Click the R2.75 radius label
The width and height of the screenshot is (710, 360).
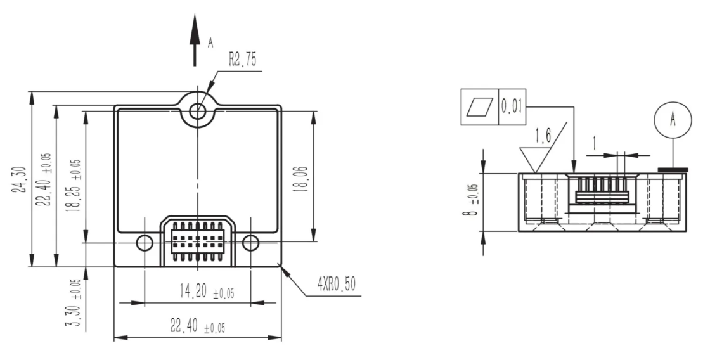pos(242,60)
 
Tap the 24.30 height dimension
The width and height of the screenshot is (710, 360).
pos(20,180)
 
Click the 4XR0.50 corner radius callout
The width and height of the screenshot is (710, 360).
pos(337,284)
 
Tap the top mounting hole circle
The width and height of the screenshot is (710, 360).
pos(197,110)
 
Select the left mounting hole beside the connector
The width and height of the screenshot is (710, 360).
pos(145,243)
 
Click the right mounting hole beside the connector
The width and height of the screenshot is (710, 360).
pos(250,243)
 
